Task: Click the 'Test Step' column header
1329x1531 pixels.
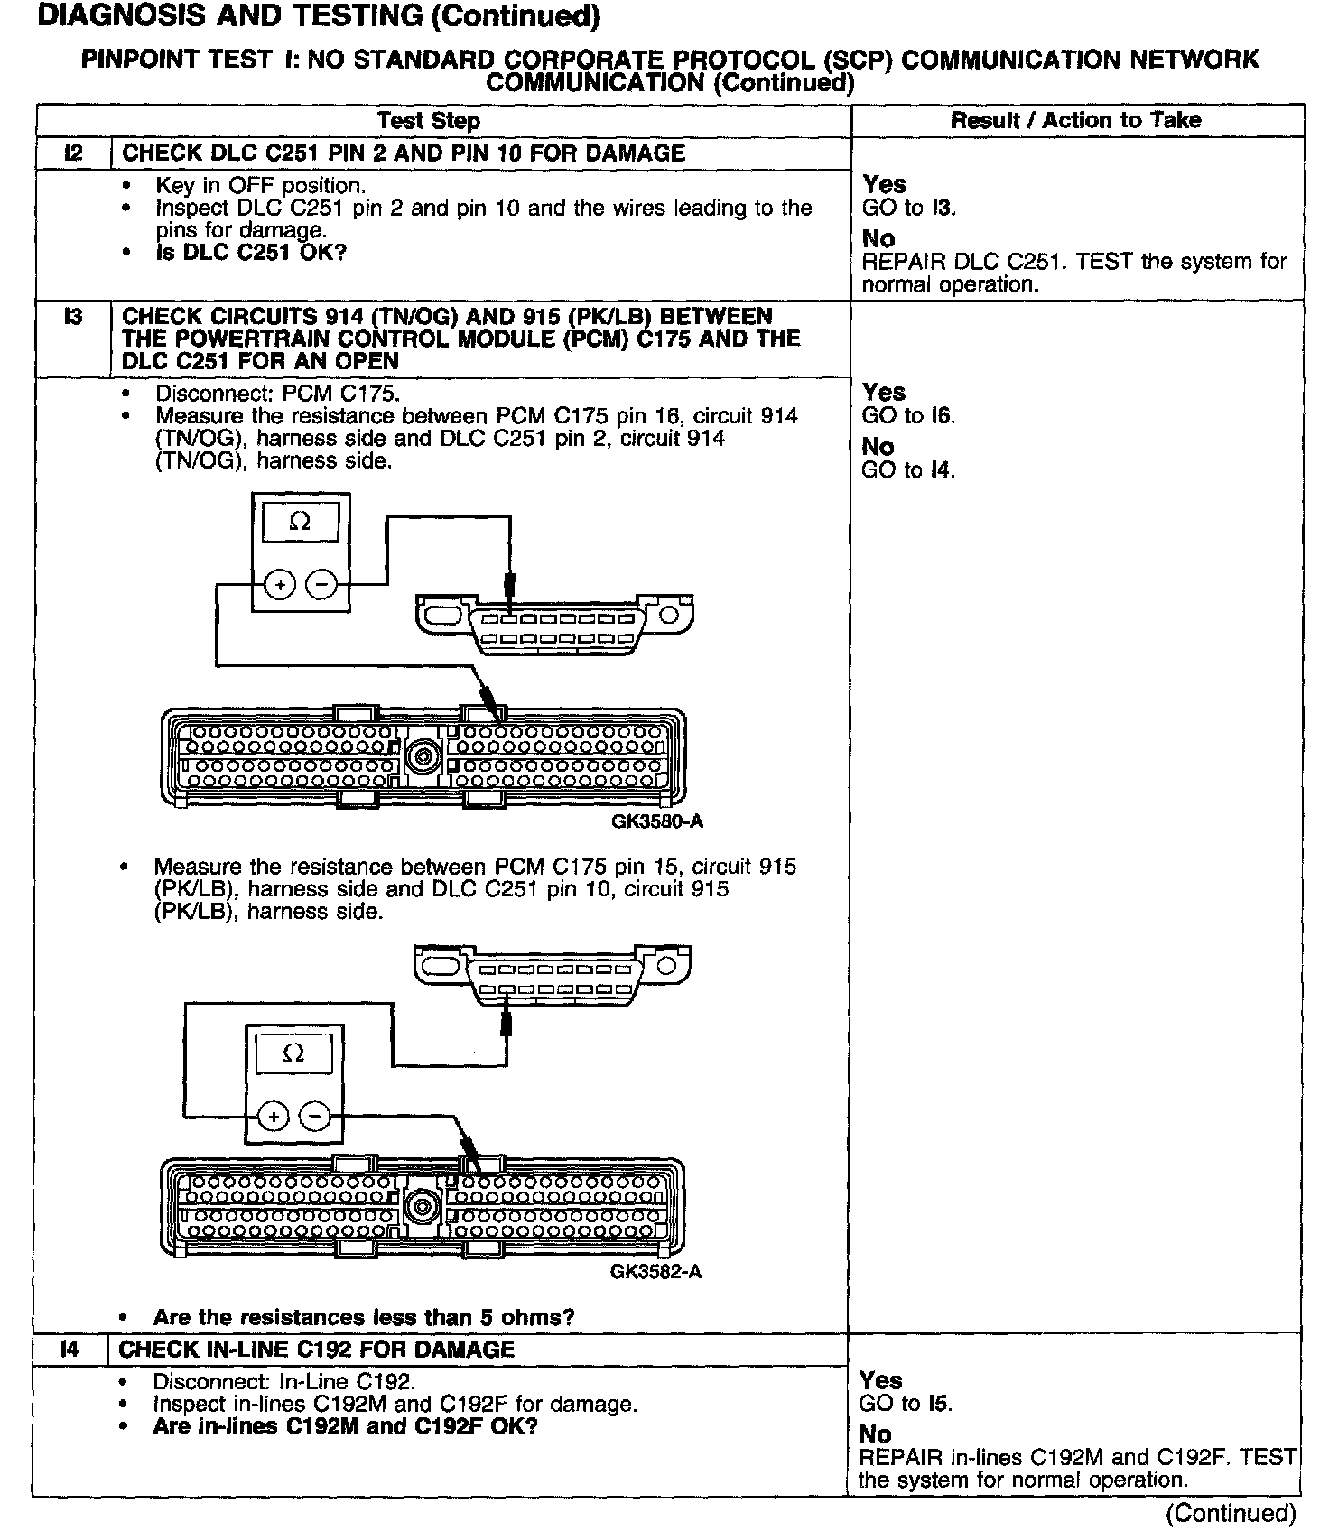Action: pos(428,121)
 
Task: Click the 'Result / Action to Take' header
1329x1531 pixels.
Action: pos(1075,121)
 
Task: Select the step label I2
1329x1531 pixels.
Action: pos(73,153)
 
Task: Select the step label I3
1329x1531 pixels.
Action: pos(73,317)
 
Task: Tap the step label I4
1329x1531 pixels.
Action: pos(70,1350)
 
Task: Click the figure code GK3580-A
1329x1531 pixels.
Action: pos(656,821)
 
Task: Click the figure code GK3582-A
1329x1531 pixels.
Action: pos(655,1272)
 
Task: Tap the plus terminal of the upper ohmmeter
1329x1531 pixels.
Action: pos(280,585)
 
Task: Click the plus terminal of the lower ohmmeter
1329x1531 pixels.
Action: pos(273,1117)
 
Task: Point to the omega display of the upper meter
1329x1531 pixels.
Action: pos(300,522)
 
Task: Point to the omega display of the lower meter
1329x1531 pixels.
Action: pos(293,1053)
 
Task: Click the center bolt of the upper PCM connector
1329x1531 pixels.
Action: pos(423,756)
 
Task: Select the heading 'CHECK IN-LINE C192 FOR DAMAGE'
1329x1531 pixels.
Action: pos(317,1350)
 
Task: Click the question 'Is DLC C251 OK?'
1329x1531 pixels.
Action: pos(251,253)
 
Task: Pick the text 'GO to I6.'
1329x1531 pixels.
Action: pos(908,416)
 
